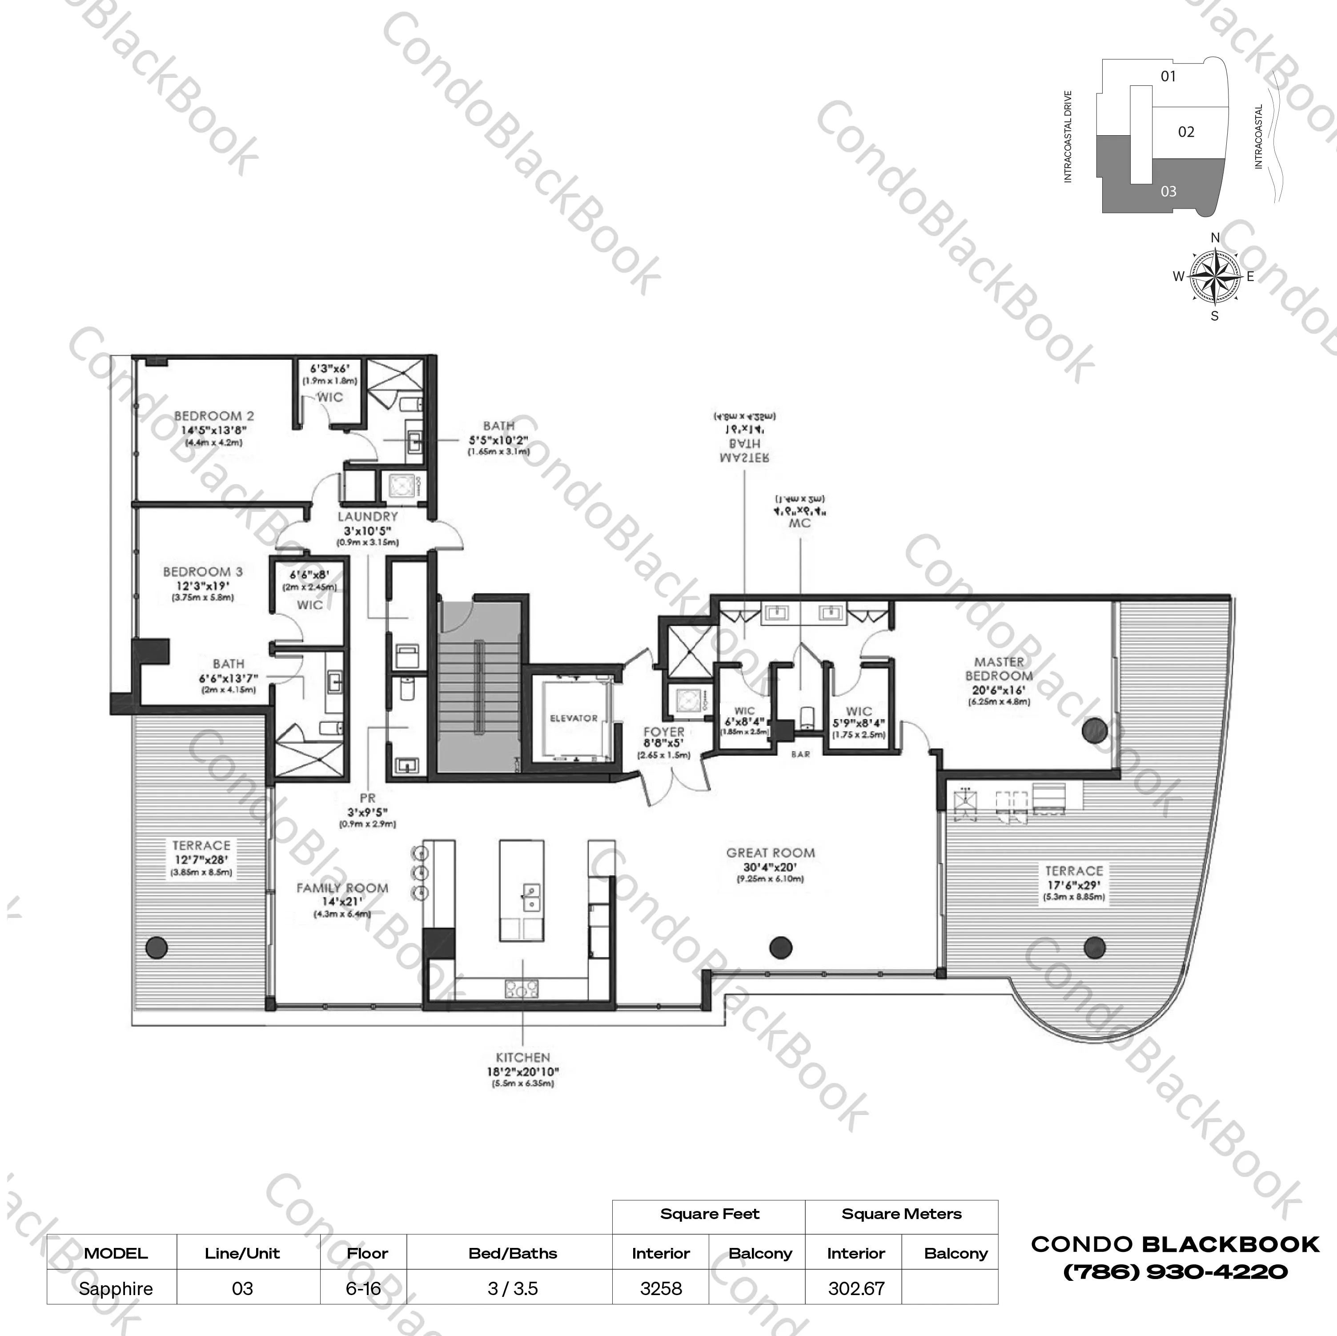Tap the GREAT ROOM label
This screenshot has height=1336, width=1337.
point(770,853)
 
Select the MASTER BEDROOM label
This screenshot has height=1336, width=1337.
point(999,669)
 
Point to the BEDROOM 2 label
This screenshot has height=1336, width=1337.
point(214,416)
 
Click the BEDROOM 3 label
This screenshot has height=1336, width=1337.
point(203,572)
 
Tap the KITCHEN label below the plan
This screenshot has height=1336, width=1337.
point(522,1058)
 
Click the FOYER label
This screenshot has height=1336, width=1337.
point(664,732)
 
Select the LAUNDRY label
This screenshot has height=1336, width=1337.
point(367,516)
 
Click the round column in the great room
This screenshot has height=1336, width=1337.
point(781,947)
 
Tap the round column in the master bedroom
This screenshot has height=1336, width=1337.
point(1094,730)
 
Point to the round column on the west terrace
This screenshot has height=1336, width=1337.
point(157,946)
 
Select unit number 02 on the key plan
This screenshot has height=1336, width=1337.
point(1186,132)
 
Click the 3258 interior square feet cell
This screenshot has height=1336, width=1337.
point(661,1288)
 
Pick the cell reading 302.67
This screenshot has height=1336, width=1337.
point(856,1288)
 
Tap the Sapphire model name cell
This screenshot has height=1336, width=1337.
point(116,1288)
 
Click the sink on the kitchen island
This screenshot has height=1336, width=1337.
point(531,897)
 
